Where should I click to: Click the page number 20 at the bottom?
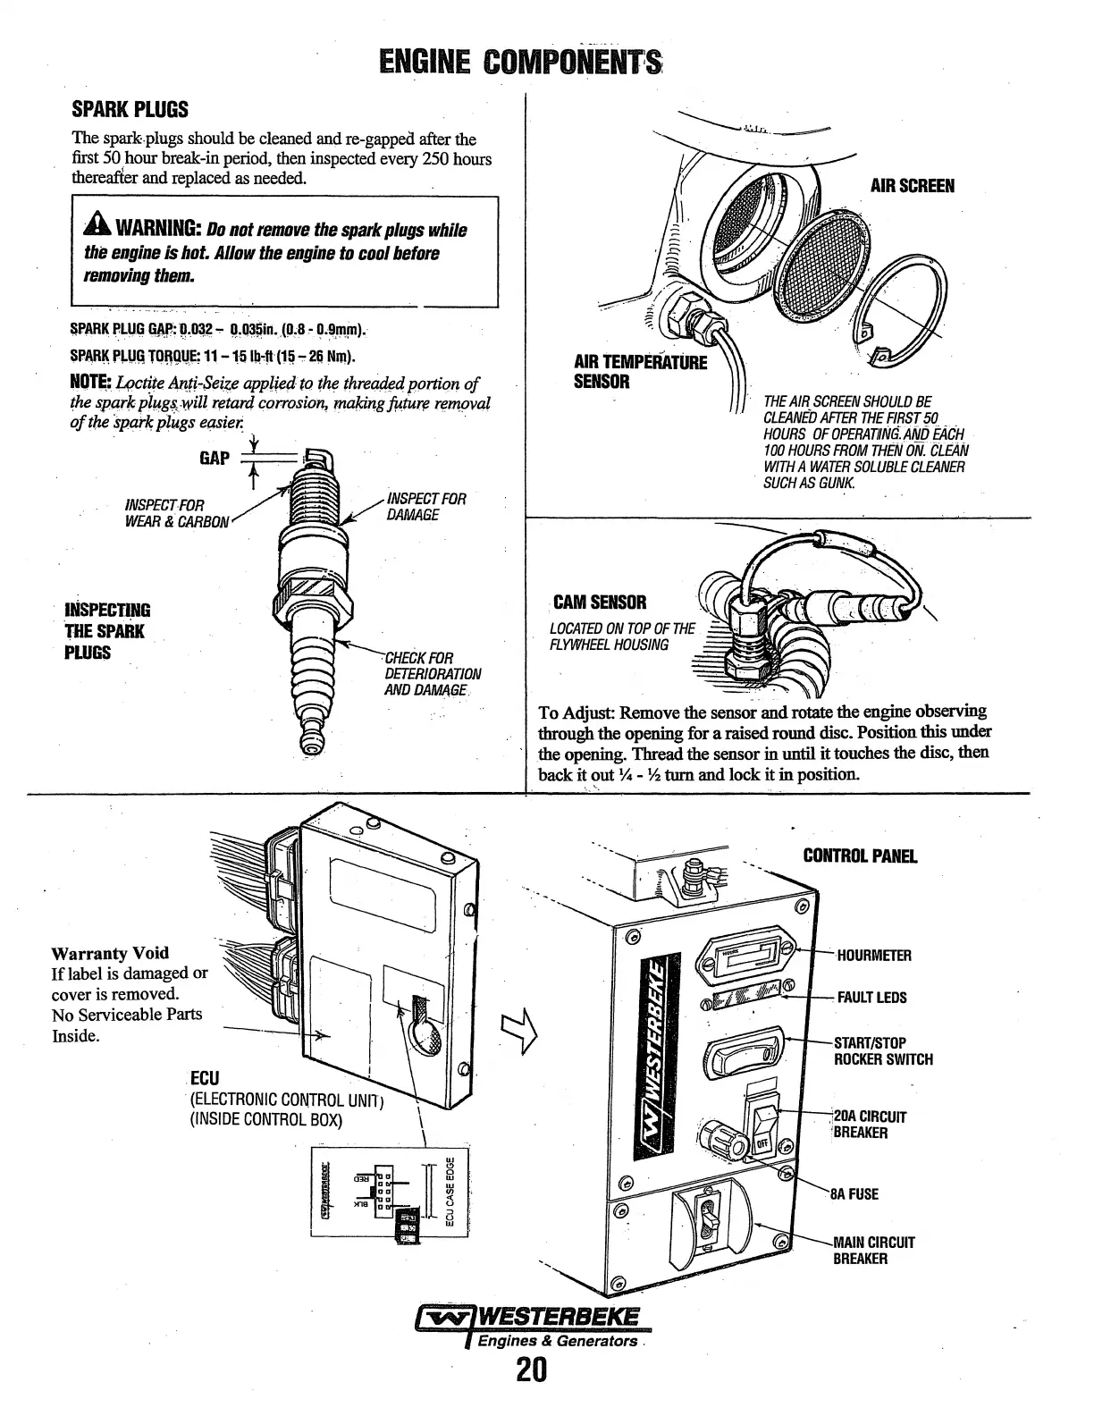pos(530,1371)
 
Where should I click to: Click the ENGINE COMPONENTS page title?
pos(519,63)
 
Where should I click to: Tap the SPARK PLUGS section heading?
pos(130,110)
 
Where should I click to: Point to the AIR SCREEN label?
pos(913,186)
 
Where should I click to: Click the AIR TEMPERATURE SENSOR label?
pos(639,372)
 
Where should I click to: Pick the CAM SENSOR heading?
pos(599,603)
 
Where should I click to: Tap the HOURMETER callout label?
pos(873,956)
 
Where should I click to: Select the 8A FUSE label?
pos(854,1194)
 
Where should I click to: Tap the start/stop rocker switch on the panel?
pos(744,1057)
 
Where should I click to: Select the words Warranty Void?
pos(110,953)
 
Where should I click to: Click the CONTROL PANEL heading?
pos(860,856)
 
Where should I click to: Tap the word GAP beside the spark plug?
pos(215,459)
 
